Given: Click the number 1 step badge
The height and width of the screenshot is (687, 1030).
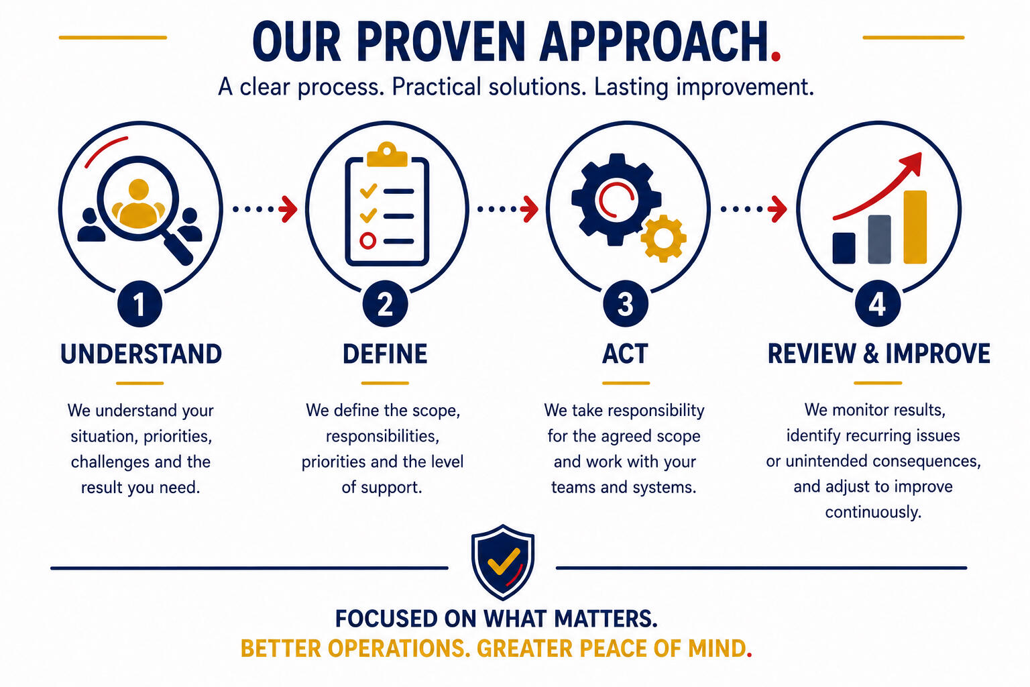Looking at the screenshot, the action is (139, 304).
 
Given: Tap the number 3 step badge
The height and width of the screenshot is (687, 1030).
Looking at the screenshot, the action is (626, 304).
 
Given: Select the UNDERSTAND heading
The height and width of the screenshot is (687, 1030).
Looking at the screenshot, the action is (141, 354).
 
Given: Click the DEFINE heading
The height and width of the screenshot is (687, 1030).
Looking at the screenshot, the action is (385, 354).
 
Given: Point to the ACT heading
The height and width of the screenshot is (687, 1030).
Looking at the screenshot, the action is (626, 354).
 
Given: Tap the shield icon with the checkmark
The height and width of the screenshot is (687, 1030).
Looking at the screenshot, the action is (502, 562).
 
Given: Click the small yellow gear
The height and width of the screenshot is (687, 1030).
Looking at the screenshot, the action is (663, 238).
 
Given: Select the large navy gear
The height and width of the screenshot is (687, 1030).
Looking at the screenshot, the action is (616, 199).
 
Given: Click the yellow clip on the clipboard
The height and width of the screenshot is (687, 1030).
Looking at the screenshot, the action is (387, 155).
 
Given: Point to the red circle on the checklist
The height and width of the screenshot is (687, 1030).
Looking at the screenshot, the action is (368, 241).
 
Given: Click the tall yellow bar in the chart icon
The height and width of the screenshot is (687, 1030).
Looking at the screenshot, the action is (915, 227).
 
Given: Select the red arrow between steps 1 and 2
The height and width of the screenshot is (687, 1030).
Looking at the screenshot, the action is (289, 209).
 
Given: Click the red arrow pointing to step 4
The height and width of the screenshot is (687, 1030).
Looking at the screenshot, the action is (778, 209).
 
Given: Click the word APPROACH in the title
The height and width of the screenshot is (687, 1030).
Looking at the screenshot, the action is (654, 42).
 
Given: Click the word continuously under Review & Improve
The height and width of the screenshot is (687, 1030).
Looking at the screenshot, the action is (873, 512).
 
